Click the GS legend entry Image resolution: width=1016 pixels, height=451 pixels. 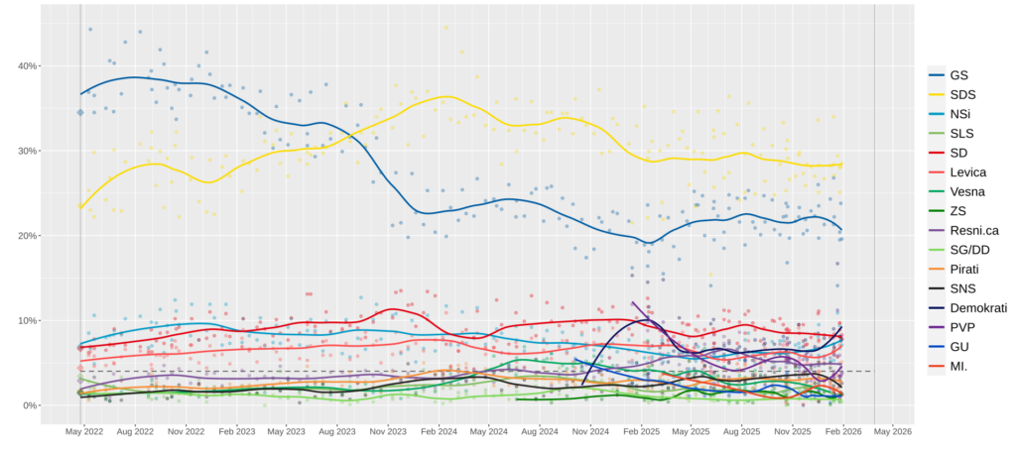[957, 75]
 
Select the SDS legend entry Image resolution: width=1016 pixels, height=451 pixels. [960, 95]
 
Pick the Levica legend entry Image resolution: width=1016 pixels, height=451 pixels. [965, 172]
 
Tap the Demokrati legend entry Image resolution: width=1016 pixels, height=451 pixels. [976, 308]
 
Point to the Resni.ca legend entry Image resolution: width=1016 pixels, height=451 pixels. [973, 231]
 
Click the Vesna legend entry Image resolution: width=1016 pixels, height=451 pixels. [965, 192]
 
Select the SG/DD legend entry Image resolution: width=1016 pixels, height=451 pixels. [969, 250]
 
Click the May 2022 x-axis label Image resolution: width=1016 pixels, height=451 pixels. [84, 432]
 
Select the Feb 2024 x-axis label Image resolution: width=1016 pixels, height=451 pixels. [439, 432]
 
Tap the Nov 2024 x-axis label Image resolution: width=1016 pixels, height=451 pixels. [590, 432]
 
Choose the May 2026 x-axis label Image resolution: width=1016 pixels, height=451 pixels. [893, 432]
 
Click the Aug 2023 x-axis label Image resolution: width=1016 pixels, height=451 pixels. [337, 432]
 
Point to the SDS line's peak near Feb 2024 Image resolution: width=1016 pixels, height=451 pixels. [446, 96]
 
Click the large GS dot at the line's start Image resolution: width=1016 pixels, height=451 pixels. [80, 112]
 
